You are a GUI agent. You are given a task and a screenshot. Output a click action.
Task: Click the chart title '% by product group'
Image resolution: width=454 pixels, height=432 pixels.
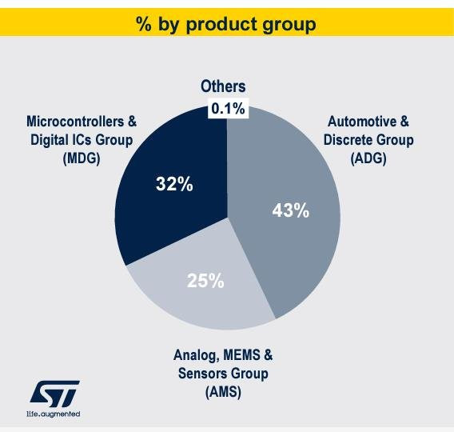point(226,24)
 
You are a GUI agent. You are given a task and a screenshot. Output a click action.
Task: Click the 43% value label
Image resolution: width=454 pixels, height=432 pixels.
point(291,210)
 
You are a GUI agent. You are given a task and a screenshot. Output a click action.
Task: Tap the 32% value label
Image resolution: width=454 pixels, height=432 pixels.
point(174,184)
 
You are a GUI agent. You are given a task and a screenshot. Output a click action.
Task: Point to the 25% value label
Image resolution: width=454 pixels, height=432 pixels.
point(205,281)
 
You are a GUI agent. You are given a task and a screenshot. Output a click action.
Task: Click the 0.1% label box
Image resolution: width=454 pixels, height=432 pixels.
point(228,109)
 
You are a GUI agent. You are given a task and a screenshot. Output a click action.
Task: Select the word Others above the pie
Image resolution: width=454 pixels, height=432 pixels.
point(223,86)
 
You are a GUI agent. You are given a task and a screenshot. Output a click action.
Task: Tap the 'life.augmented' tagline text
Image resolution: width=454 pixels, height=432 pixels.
point(54,414)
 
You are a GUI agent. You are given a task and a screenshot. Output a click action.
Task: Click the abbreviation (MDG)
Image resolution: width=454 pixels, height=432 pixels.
point(82,158)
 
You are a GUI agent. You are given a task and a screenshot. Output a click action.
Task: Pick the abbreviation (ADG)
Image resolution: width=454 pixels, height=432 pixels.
point(368,158)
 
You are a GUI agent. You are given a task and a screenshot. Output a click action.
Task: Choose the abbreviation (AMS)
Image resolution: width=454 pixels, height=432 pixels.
point(223,393)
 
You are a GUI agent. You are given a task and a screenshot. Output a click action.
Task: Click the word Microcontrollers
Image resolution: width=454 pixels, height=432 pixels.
point(75,122)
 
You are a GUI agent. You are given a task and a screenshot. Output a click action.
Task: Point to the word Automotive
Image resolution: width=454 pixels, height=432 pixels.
point(362,122)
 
